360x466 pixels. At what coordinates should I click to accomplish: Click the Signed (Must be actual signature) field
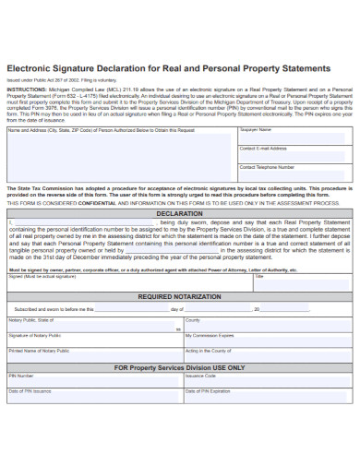pos(129,282)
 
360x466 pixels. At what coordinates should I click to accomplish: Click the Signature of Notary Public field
pos(93,341)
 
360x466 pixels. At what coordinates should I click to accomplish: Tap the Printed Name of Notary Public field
pos(93,356)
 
